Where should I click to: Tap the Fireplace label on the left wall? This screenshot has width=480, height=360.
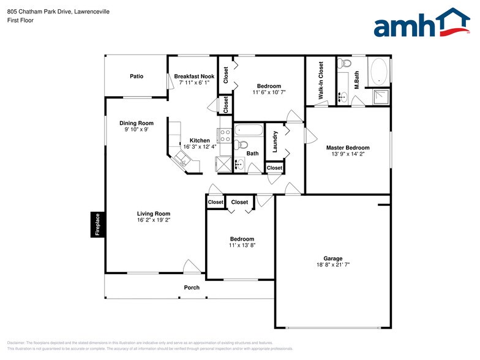[x=96, y=224]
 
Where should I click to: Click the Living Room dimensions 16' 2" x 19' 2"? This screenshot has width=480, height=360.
[x=154, y=220]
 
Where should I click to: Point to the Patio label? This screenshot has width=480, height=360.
[x=137, y=77]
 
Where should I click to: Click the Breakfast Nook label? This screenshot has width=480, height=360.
[x=194, y=77]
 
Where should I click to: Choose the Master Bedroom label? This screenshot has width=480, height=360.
[x=347, y=148]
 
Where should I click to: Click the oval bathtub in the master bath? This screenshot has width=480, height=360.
[x=378, y=71]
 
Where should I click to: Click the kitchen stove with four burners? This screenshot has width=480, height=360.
[x=224, y=135]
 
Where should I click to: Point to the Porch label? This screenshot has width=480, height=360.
[x=192, y=288]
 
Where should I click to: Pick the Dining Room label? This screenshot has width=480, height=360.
[x=136, y=123]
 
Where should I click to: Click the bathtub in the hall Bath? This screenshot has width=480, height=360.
[x=249, y=130]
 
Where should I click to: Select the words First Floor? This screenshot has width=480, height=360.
[x=20, y=20]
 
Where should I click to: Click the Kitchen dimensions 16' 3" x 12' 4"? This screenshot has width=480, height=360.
[x=200, y=146]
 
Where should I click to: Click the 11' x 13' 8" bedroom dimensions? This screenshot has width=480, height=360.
[x=242, y=246]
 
